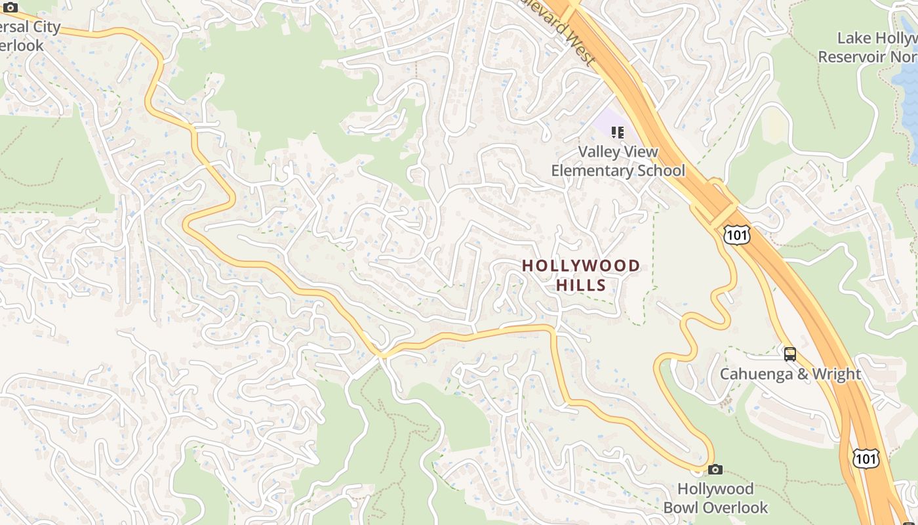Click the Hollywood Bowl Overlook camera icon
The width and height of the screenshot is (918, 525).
[x=715, y=469]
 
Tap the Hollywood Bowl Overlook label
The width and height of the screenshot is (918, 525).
[x=715, y=498]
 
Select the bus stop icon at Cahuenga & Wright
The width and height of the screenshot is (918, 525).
[x=790, y=354]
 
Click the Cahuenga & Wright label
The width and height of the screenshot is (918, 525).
[x=790, y=374]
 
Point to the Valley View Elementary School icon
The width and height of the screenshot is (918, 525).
[x=617, y=133]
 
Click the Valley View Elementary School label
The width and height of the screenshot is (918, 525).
[x=618, y=161]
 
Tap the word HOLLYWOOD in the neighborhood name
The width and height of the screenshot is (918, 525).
[x=581, y=266]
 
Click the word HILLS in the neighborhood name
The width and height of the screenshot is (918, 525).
[x=581, y=285]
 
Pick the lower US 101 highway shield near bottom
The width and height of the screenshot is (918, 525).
[x=866, y=457]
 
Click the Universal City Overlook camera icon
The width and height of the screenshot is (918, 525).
[x=10, y=7]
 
